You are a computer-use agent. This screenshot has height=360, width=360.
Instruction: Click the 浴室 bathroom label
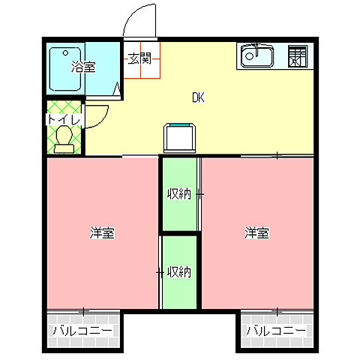(83, 67)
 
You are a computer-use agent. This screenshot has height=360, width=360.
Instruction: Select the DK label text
(198, 97)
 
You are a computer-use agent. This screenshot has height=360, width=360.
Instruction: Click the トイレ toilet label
(63, 118)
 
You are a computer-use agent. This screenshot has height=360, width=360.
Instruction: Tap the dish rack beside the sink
(299, 56)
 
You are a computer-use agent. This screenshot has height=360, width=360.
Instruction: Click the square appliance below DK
(181, 139)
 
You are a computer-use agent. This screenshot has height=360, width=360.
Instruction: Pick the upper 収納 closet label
(178, 194)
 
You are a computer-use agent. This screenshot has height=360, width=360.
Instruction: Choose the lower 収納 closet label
(178, 271)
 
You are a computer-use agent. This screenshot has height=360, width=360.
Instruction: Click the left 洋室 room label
(103, 233)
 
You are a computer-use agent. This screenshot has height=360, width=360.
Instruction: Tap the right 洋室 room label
(257, 233)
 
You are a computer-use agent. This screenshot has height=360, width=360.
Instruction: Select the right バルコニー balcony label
(276, 331)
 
